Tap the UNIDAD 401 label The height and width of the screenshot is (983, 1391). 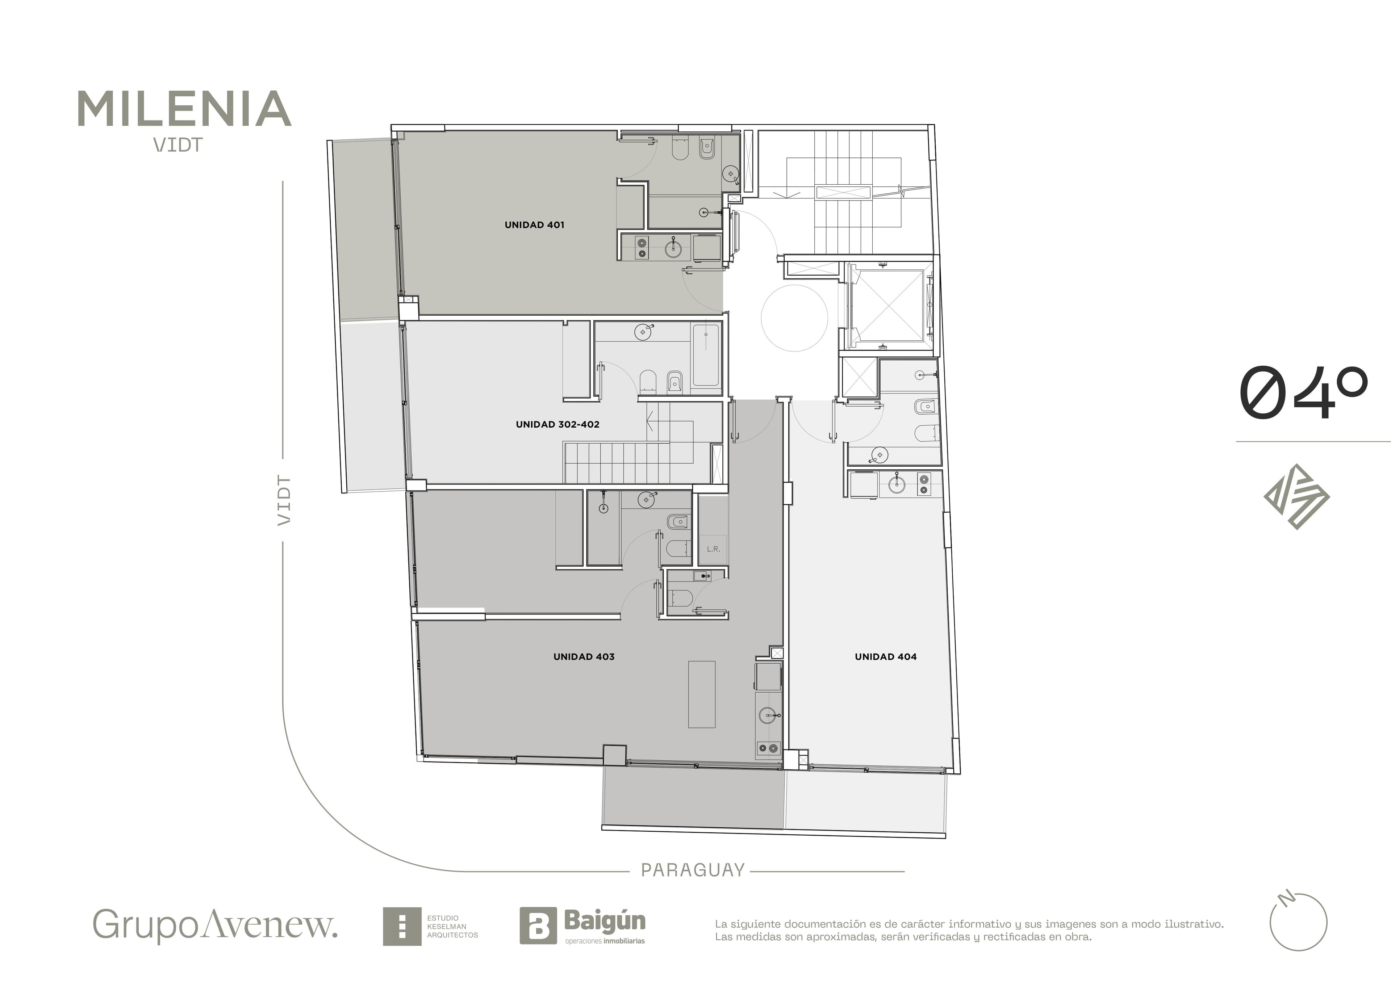coord(534,225)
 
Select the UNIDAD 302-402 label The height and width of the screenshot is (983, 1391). coord(557,425)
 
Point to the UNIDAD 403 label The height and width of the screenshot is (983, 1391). coord(584,656)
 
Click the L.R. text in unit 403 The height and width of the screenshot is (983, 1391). coord(713,549)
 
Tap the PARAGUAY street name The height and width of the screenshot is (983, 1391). coord(693,870)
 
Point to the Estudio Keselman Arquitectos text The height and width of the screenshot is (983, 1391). coord(452,927)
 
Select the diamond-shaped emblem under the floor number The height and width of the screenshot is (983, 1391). coord(1296,497)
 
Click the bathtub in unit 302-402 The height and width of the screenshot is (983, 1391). coord(706,356)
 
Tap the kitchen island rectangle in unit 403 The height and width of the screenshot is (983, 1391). coord(702,694)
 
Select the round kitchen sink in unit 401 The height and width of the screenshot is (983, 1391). coord(673,247)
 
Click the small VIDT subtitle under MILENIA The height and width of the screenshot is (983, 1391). coord(177,145)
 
